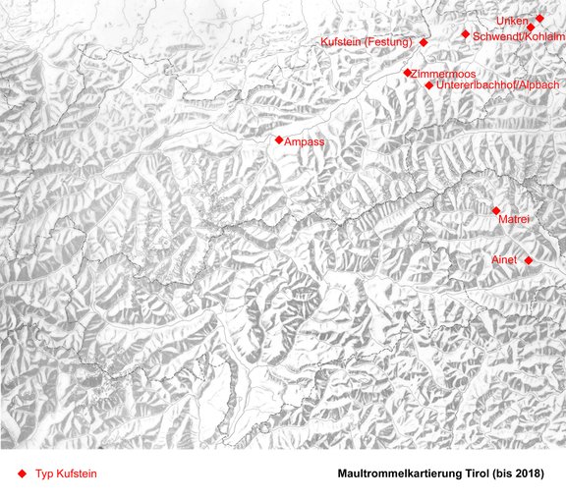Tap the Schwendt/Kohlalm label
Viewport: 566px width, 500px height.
[x=518, y=36]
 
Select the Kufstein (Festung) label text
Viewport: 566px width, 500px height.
[x=367, y=42]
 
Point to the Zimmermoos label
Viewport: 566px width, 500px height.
[x=444, y=74]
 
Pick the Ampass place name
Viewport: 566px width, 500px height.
[x=305, y=142]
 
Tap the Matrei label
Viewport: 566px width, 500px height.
[x=515, y=219]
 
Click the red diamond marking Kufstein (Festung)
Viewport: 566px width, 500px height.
[x=424, y=42]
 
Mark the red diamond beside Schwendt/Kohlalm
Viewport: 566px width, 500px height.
[x=466, y=34]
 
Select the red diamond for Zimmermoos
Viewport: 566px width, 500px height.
[x=408, y=73]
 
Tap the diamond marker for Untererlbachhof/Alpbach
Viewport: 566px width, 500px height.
[x=429, y=85]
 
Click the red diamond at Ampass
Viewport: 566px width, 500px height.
[x=279, y=140]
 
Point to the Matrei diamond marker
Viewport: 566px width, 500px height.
[x=496, y=210]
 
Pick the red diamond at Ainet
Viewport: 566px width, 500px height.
[x=529, y=259]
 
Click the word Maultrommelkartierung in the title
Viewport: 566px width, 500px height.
[x=397, y=473]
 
